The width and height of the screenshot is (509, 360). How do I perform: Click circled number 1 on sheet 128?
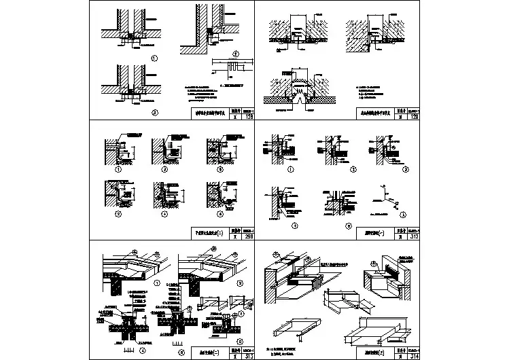pos(155,58)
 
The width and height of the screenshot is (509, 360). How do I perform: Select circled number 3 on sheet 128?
pos(155,111)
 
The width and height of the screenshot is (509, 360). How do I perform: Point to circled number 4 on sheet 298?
pos(163,213)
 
